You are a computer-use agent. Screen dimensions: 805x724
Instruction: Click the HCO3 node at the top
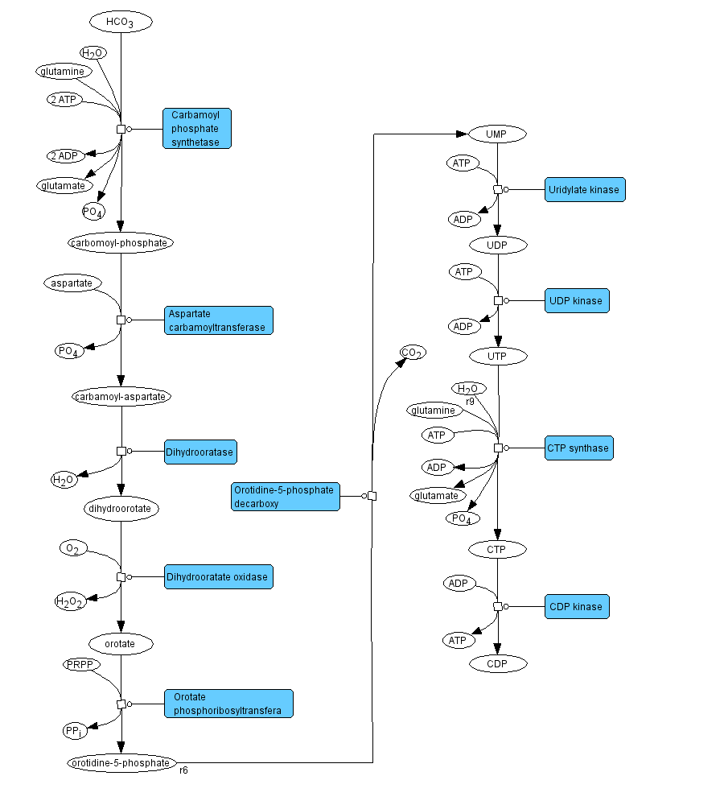pos(121,22)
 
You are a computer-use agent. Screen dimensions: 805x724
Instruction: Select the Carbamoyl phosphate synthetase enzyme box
pos(197,129)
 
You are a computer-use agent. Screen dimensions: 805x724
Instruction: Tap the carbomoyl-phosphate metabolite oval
pos(121,242)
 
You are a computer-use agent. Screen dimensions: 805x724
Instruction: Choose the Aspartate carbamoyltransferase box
pos(219,320)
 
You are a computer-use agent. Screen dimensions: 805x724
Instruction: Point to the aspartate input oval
pos(72,283)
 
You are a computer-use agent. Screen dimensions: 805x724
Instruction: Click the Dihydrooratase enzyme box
pos(200,452)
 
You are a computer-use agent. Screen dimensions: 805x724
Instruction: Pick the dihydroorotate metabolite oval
pos(121,509)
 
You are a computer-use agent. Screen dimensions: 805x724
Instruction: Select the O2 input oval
pos(72,549)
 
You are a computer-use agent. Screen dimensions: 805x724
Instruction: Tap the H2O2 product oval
pos(69,601)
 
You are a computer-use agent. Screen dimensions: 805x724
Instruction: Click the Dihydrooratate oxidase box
pos(218,577)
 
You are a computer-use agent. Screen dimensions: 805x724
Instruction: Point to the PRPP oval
pos(80,665)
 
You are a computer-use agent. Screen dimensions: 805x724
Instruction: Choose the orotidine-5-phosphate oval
pos(120,763)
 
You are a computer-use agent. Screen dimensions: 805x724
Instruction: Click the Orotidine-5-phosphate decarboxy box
pos(285,497)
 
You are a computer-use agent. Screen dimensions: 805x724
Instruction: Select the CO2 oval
pos(413,353)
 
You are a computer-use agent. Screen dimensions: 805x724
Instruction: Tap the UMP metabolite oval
pos(497,134)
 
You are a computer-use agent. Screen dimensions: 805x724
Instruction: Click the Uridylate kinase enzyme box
pos(585,190)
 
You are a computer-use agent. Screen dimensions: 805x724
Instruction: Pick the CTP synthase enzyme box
pos(578,448)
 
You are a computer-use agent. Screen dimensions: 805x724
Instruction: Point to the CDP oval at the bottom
pos(498,664)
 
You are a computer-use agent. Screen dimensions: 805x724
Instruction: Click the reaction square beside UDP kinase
pos(498,300)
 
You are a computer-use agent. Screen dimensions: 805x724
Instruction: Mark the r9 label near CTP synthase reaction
pos(470,401)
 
